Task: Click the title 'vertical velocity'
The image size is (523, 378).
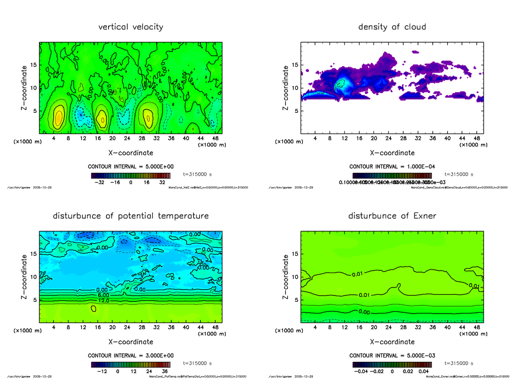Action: click(x=131, y=27)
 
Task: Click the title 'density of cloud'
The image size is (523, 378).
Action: click(x=392, y=27)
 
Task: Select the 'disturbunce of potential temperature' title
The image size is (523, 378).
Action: click(x=131, y=216)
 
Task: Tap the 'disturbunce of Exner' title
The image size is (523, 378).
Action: click(x=392, y=216)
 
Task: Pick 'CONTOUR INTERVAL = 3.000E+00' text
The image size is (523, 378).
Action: click(x=131, y=355)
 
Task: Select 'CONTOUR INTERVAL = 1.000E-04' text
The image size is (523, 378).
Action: click(x=392, y=166)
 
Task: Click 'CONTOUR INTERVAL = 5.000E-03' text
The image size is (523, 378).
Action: click(x=392, y=355)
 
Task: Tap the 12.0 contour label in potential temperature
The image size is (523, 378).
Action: click(x=103, y=301)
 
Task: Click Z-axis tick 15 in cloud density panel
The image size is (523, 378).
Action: click(x=295, y=65)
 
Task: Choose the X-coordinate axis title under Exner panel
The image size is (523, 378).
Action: click(x=392, y=342)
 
